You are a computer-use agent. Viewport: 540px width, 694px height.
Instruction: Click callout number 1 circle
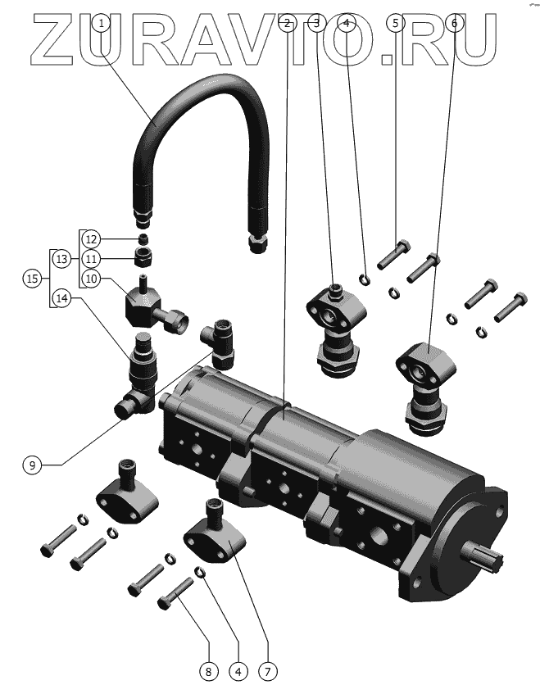click(x=102, y=24)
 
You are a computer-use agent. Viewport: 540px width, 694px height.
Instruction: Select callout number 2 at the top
click(x=285, y=24)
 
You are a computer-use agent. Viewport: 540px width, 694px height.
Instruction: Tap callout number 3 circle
click(x=317, y=24)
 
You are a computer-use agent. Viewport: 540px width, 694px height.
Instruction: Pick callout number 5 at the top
click(x=396, y=24)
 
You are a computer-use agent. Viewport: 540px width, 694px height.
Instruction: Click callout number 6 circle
click(x=454, y=24)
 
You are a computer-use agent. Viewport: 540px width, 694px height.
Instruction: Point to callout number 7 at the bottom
click(x=266, y=672)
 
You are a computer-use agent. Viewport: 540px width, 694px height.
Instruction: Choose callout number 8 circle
click(x=208, y=672)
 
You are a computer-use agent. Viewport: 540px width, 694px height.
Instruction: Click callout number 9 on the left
click(x=32, y=465)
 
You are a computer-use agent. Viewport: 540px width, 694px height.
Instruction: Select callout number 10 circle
click(x=91, y=279)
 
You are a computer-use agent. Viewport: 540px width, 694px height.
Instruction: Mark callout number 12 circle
click(x=91, y=239)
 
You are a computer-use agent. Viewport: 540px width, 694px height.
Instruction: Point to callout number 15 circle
click(x=32, y=279)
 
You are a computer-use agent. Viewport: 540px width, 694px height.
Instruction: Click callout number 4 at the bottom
click(x=238, y=672)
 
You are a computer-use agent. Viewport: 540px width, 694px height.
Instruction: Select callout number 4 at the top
click(x=347, y=24)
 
